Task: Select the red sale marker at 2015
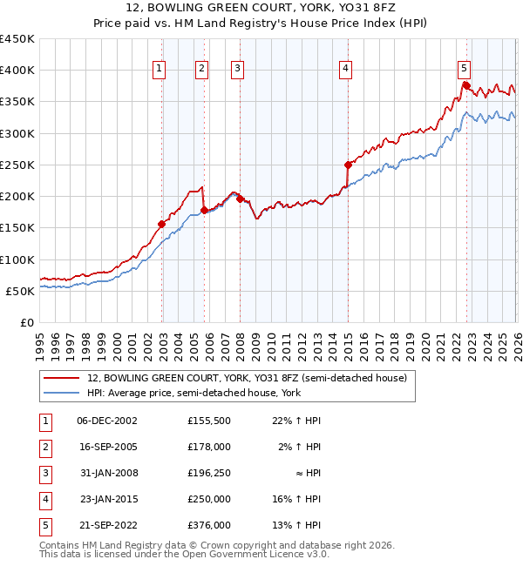[x=348, y=165]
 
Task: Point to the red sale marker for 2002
[x=161, y=224]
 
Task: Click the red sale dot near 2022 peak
[x=466, y=85]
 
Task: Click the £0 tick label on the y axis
[x=26, y=322]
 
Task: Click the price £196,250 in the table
[x=209, y=473]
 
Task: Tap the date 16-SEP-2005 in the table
[x=107, y=447]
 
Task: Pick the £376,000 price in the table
[x=209, y=525]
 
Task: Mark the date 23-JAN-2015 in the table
[x=107, y=499]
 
